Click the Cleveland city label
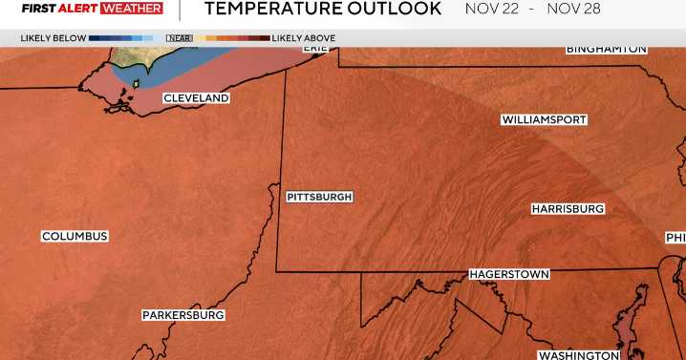(x=196, y=98)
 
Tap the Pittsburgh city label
(x=319, y=197)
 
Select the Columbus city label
(x=75, y=236)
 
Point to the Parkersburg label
(x=183, y=315)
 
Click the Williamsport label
(x=544, y=120)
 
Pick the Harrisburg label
(x=568, y=208)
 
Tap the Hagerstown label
(x=509, y=275)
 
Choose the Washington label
(x=578, y=355)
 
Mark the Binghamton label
(x=607, y=49)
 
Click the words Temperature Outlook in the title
(x=323, y=10)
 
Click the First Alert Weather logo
(x=92, y=9)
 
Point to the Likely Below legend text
(x=53, y=38)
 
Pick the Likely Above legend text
(x=303, y=38)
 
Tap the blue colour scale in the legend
(x=120, y=38)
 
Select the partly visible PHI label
(x=675, y=238)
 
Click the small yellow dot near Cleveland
(x=135, y=84)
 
